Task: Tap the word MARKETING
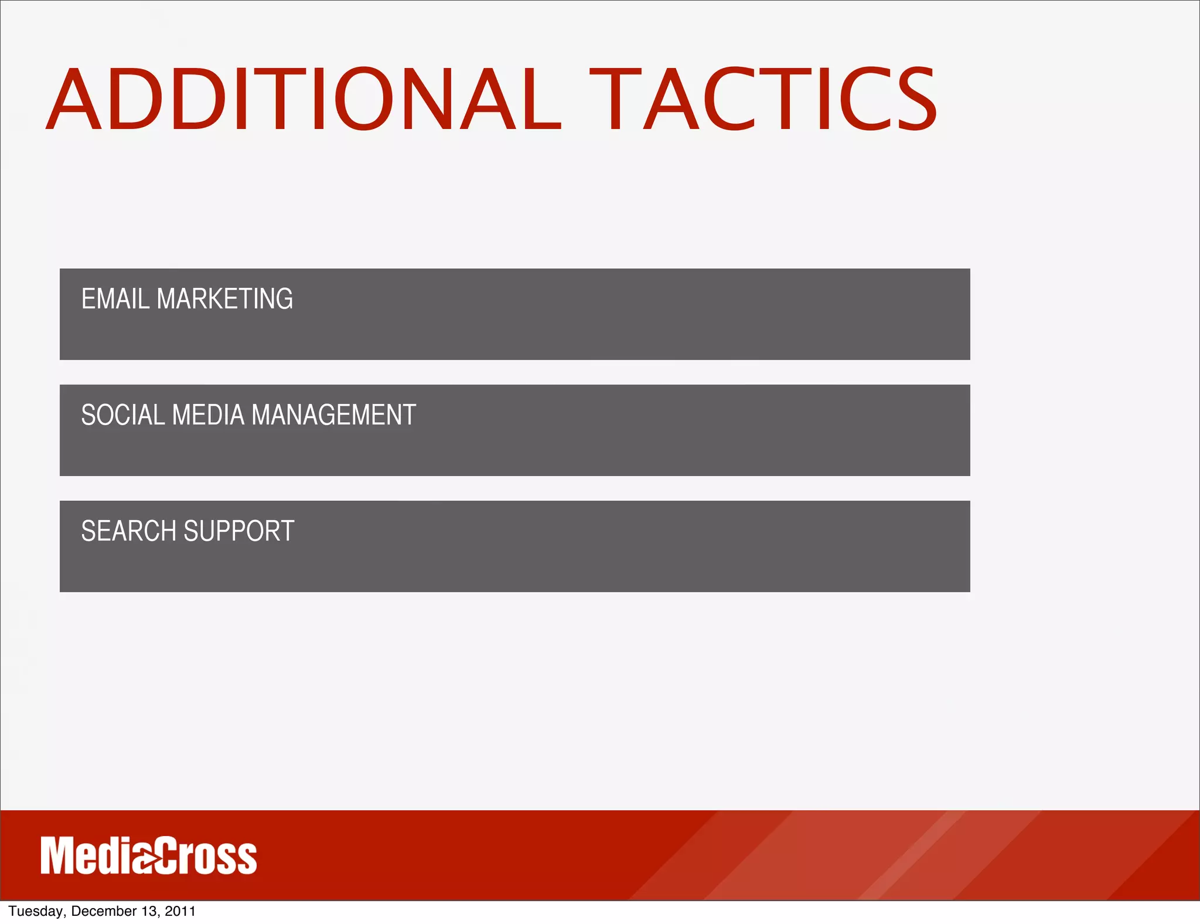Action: point(225,298)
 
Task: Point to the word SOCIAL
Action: point(122,415)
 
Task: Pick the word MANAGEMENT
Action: point(333,415)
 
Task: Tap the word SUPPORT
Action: point(239,531)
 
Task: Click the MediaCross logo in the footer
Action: point(148,856)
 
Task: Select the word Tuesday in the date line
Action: point(35,911)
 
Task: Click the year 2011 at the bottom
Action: point(180,911)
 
